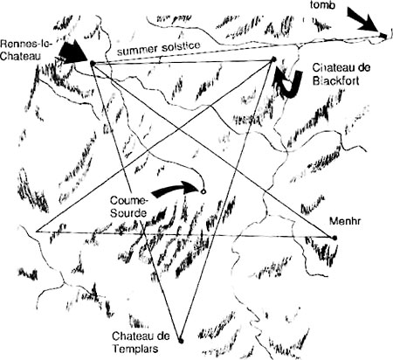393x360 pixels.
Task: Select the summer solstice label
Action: point(159,48)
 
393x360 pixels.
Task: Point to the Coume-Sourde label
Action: point(129,207)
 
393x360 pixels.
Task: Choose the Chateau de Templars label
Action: point(141,342)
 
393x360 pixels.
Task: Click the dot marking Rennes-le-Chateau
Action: point(93,63)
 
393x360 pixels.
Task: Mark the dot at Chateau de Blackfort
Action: point(273,59)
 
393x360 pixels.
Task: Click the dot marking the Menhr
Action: point(335,238)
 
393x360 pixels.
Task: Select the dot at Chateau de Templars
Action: point(181,340)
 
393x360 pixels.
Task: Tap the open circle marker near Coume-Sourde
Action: point(203,191)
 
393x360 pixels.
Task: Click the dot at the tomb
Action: point(384,35)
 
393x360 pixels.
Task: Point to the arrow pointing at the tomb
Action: point(362,18)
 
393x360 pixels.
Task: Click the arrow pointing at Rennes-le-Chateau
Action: point(72,52)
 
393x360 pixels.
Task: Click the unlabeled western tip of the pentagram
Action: point(36,232)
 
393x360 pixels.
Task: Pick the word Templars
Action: point(135,349)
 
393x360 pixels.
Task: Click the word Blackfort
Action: point(335,80)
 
